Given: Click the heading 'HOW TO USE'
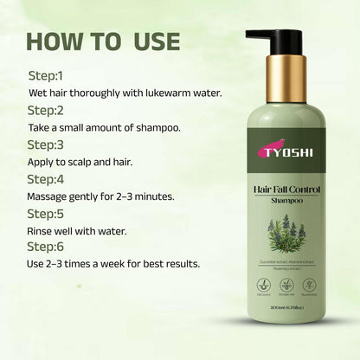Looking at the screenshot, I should click(x=104, y=41).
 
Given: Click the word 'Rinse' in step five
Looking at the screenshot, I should click(x=43, y=230).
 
